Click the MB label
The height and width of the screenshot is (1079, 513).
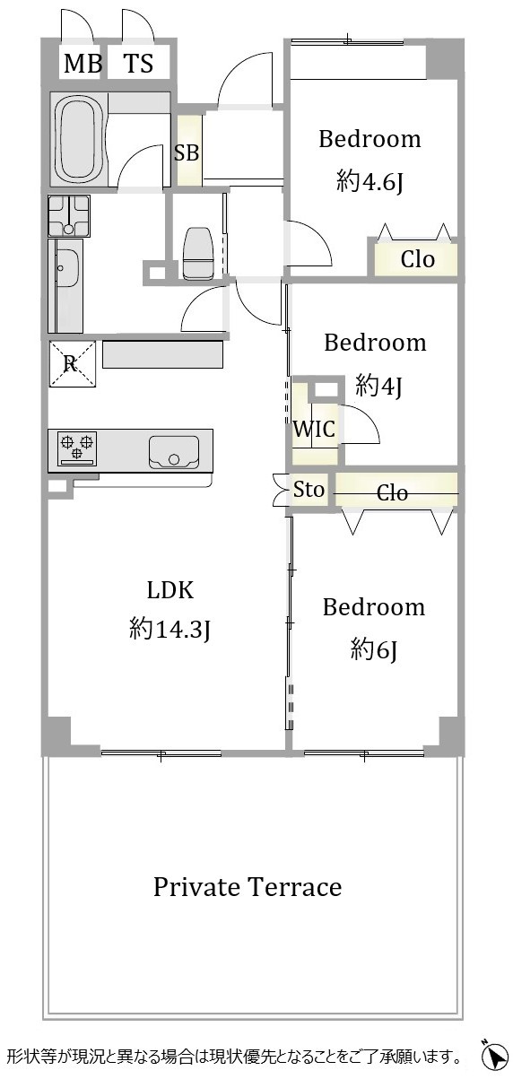[x=83, y=63]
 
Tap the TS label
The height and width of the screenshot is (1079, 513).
[x=139, y=63]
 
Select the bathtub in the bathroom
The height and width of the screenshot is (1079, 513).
[x=80, y=140]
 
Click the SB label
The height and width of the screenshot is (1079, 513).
[x=187, y=153]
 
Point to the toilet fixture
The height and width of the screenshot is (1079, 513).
[x=198, y=253]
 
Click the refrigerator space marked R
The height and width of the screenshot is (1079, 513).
[x=72, y=363]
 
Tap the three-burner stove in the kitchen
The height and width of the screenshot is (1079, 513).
[x=77, y=448]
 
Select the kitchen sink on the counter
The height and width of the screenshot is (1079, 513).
[x=174, y=452]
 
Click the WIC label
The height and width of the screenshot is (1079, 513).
[x=314, y=429]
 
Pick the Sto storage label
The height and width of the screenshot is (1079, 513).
[x=309, y=490]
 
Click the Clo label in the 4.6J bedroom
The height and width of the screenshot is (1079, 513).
[x=418, y=259]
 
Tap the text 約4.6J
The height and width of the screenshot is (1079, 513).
[x=370, y=182]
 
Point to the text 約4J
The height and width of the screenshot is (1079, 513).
[x=378, y=386]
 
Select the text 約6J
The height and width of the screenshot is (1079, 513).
[x=374, y=651]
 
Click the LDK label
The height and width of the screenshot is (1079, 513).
[x=170, y=590]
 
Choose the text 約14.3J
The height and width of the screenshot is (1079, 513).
[x=170, y=629]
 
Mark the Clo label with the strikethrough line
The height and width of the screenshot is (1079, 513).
[x=392, y=492]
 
